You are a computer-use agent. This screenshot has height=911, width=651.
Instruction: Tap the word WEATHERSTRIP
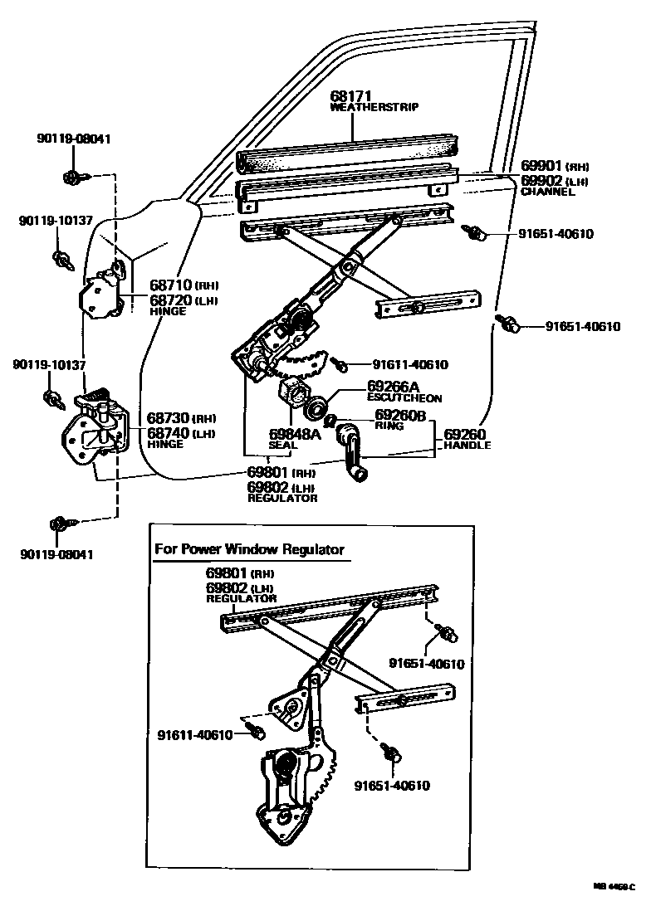(374, 108)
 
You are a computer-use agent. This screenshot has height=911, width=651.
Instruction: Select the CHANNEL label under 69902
(547, 192)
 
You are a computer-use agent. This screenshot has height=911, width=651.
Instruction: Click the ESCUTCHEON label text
(404, 398)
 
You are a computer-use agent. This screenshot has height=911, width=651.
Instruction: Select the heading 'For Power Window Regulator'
(249, 549)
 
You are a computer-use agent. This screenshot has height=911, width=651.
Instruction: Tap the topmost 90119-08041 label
(73, 139)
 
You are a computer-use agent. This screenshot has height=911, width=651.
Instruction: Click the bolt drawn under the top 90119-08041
(71, 176)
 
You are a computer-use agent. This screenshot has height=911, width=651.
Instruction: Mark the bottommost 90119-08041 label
(56, 553)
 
